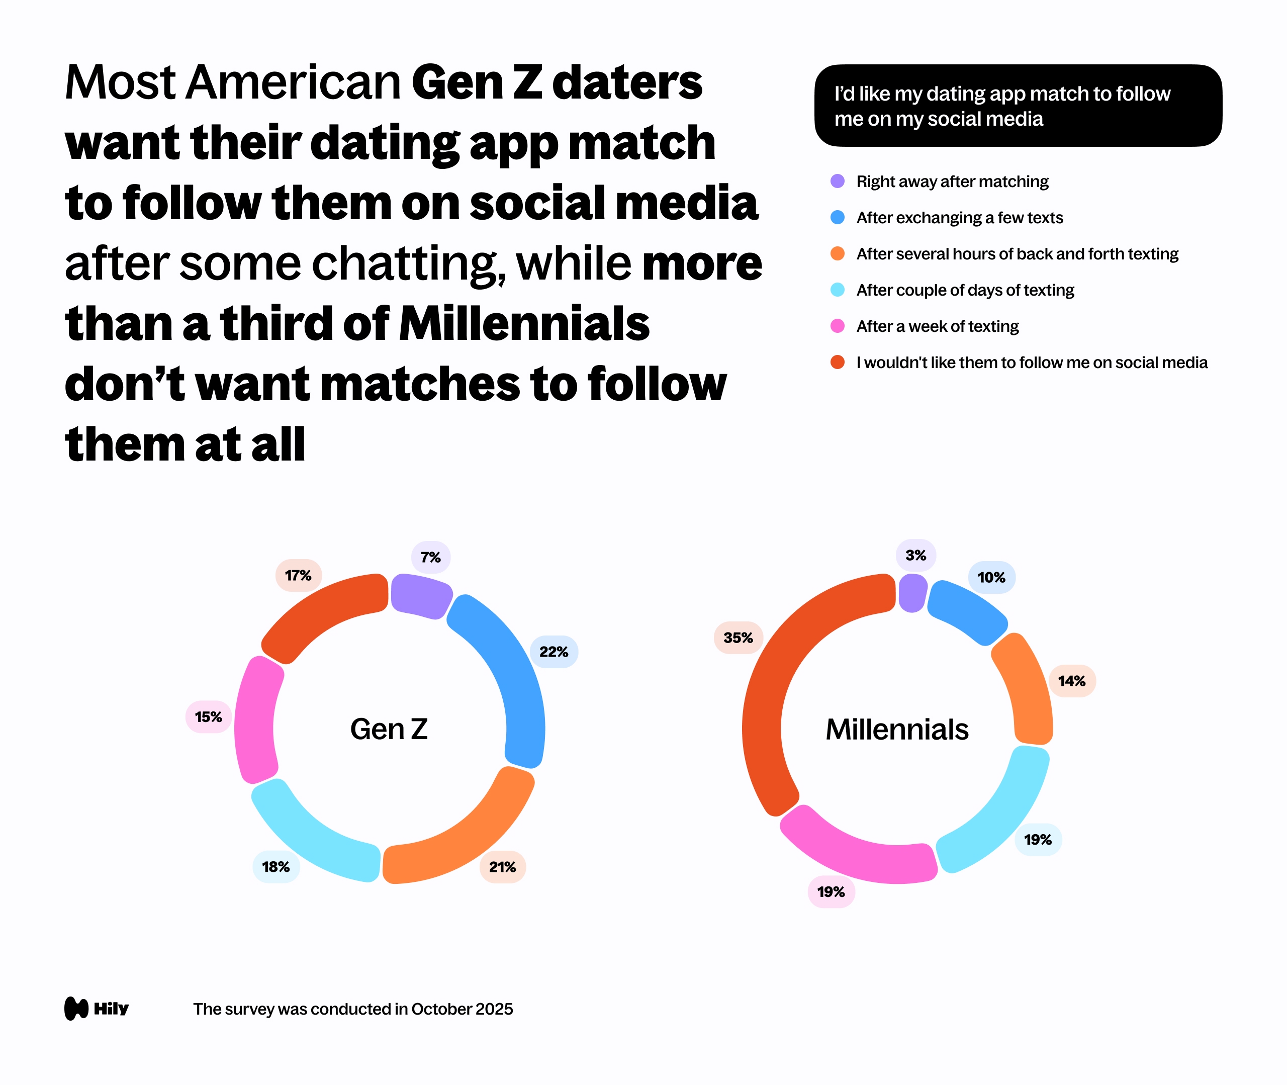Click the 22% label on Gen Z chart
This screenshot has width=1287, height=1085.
(554, 652)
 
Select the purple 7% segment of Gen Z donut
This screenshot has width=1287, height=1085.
(421, 595)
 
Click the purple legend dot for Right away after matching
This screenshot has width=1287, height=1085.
(838, 182)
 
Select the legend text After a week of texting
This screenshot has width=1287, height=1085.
(937, 326)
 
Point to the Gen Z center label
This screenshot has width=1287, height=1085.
(389, 730)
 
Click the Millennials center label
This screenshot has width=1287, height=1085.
(896, 730)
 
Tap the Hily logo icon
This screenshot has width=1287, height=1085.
(77, 1008)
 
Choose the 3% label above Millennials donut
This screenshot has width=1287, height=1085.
(915, 556)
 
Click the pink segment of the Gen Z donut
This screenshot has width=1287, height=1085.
(256, 719)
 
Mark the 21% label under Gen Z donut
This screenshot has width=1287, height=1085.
(502, 867)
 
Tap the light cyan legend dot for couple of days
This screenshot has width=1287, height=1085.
(838, 290)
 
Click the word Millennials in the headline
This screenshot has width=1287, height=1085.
(524, 324)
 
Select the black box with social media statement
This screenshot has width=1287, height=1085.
(1018, 106)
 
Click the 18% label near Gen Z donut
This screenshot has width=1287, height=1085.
(275, 867)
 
